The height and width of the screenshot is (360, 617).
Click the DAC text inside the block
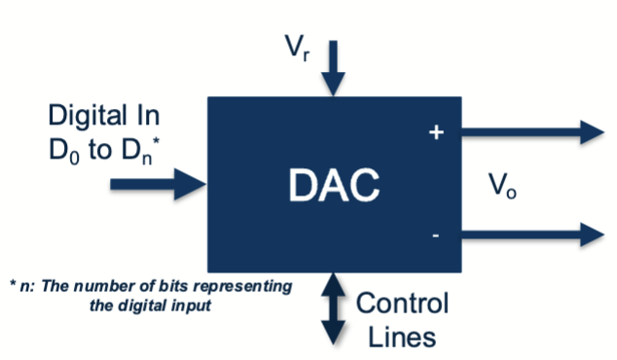click(334, 186)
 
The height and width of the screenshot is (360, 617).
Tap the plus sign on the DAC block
click(436, 132)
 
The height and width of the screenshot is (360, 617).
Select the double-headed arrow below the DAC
click(334, 306)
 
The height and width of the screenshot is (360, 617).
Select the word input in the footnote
click(194, 302)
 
